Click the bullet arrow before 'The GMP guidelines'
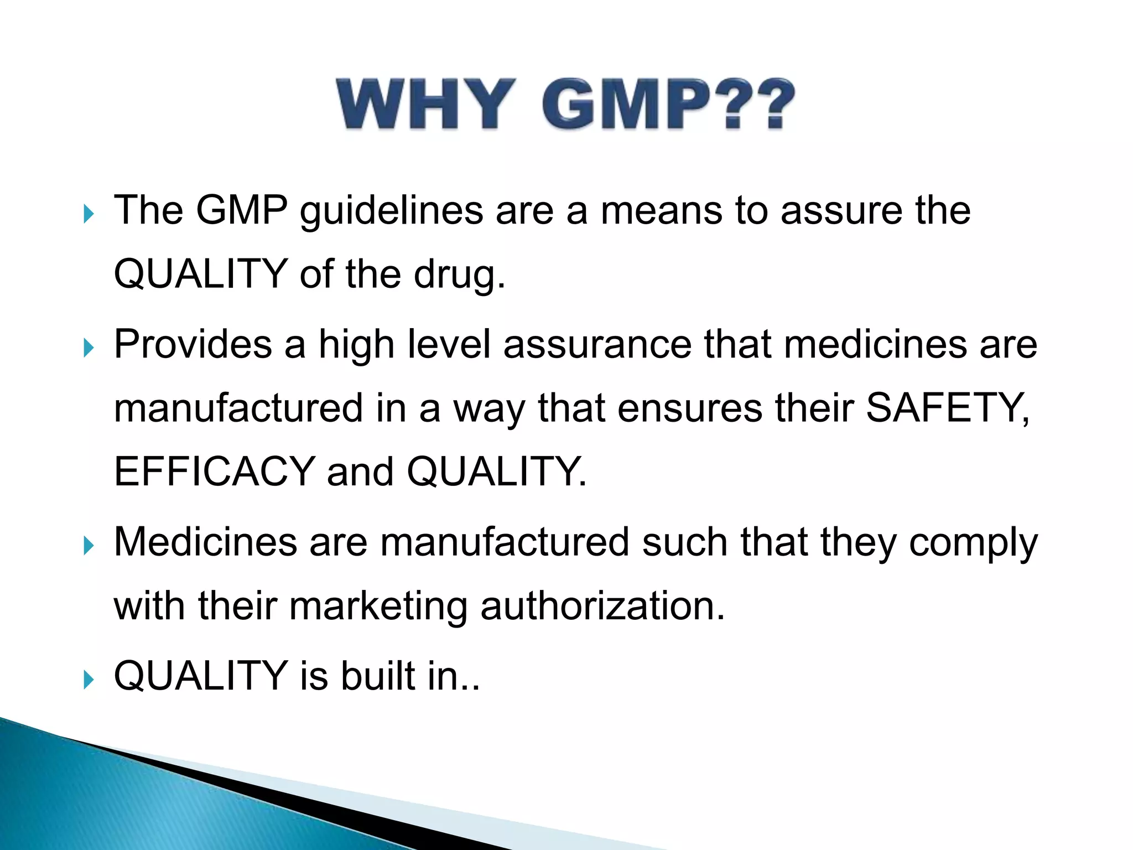(89, 214)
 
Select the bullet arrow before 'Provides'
(89, 348)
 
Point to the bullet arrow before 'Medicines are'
(89, 546)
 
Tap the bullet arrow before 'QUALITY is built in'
(89, 680)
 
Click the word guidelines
(391, 211)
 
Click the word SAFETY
(946, 408)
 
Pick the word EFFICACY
(214, 472)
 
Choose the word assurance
(597, 345)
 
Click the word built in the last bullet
(378, 676)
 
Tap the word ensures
(689, 408)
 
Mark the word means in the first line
(661, 211)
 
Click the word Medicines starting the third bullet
(205, 542)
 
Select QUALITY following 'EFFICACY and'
(495, 472)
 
